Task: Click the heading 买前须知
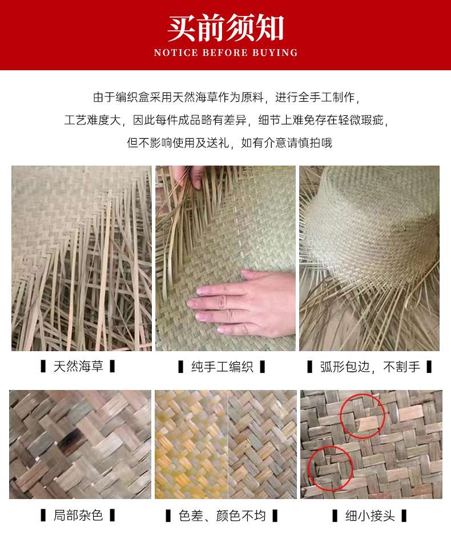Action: [x=226, y=28]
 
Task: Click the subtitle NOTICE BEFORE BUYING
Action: [x=226, y=53]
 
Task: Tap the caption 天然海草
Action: [x=78, y=367]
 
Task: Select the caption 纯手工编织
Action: [x=222, y=367]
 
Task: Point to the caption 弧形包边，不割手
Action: [x=369, y=367]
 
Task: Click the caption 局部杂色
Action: [x=78, y=516]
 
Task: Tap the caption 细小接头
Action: [x=370, y=516]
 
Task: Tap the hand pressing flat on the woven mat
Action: [x=245, y=303]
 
